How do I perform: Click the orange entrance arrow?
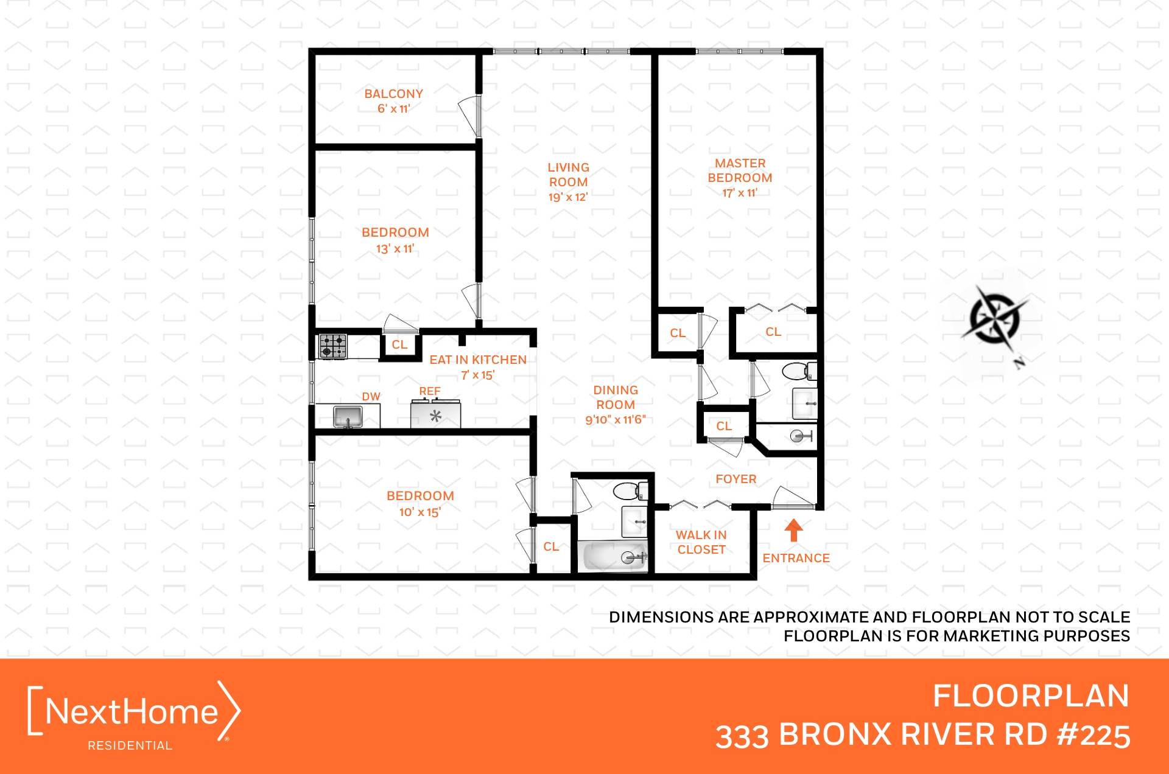[793, 530]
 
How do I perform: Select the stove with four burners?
[333, 346]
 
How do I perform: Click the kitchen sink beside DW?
[348, 417]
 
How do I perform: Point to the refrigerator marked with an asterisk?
[435, 415]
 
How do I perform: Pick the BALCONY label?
[393, 94]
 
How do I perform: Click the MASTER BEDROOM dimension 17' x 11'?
[740, 193]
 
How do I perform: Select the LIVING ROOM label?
[568, 174]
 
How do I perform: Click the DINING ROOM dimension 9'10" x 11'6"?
[616, 419]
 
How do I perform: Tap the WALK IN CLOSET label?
[701, 542]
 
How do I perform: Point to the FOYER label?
[735, 479]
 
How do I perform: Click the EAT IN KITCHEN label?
[478, 360]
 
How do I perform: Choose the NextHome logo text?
[132, 711]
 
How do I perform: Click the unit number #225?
[1094, 735]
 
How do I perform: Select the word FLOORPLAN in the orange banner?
[1031, 696]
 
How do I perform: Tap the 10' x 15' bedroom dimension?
[420, 512]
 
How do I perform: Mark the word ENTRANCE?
[796, 558]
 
